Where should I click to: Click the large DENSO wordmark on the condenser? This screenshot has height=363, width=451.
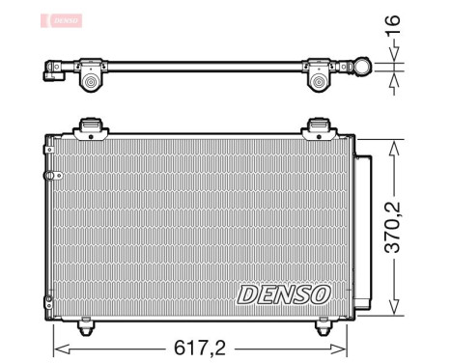pos(282,293)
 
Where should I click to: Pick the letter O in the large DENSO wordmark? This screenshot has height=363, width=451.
pos(319,293)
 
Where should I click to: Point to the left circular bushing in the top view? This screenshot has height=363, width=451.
pos(92,84)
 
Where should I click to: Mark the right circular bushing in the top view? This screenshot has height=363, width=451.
pos(320,84)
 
